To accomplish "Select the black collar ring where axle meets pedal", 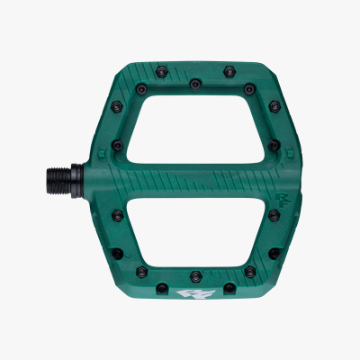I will (100, 179).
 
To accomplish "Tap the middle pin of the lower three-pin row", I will (195, 274).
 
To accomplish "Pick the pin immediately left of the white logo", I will (160, 289).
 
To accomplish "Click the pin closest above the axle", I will (118, 143).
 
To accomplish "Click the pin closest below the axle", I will (118, 215).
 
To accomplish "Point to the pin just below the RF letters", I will (273, 215).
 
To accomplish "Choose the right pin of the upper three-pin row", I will (249, 87).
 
